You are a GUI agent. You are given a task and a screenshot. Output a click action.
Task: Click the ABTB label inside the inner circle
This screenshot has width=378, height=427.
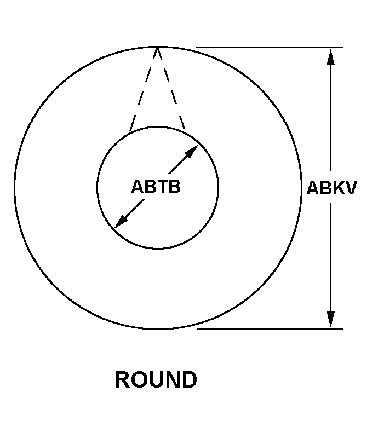pos(156,187)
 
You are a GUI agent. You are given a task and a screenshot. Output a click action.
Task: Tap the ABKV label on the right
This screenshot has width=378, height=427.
pos(331,188)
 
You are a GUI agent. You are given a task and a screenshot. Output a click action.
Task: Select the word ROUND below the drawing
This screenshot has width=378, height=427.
pos(156,380)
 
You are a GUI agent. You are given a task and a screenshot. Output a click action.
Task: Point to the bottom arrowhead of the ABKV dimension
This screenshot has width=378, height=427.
pos(330,319)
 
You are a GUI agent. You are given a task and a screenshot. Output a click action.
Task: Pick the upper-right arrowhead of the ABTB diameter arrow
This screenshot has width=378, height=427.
pos(191,152)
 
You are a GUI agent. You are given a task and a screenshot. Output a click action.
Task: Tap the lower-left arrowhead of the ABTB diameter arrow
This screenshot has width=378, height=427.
pos(120,222)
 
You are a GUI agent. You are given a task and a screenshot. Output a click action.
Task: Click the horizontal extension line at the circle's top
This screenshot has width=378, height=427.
pos(268,47)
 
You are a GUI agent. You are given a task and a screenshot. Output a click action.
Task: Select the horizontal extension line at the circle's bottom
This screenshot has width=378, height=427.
pos(268,328)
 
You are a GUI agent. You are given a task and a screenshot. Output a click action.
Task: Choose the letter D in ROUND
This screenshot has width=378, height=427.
pos(188,380)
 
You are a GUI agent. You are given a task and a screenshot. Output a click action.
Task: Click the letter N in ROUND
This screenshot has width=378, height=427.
pos(172,380)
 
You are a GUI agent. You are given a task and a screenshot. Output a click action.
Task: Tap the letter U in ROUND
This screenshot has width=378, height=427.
pos(156,380)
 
